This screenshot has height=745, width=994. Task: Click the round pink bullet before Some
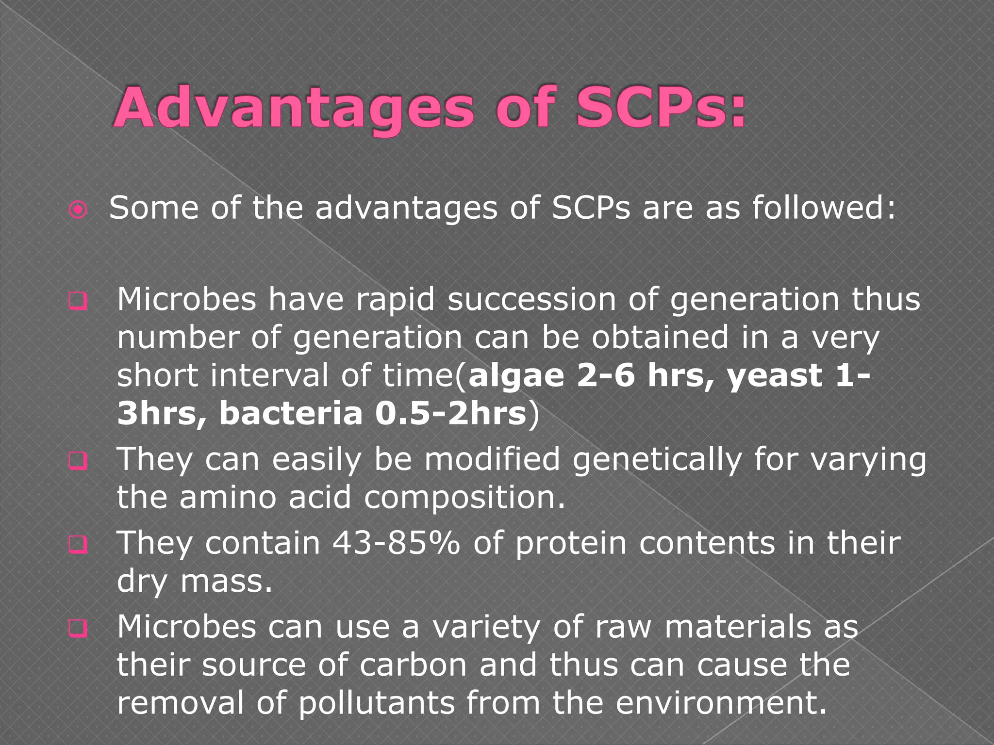tap(78, 210)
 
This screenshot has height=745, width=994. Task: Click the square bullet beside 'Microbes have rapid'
tap(78, 301)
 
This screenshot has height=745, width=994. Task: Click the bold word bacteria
tap(291, 414)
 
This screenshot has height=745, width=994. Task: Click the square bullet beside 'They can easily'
tap(78, 460)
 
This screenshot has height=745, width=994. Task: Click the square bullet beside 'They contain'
tap(78, 545)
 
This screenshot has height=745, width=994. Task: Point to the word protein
tap(571, 543)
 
